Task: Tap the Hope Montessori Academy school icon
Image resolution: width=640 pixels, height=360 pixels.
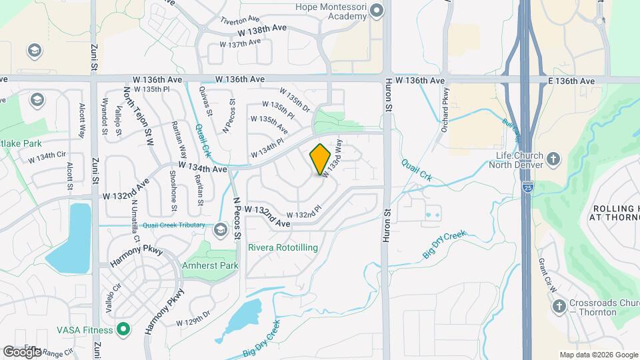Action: [377, 10]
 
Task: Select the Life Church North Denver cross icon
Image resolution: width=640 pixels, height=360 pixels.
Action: [553, 159]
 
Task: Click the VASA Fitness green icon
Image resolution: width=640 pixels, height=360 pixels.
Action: [123, 329]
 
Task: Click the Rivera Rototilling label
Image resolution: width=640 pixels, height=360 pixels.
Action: [283, 247]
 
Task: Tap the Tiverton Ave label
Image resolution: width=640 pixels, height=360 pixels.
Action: [241, 19]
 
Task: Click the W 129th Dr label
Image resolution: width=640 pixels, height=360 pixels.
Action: [193, 323]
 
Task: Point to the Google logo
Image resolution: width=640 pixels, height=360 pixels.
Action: [22, 351]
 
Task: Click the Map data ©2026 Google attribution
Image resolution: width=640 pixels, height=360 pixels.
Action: [598, 355]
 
